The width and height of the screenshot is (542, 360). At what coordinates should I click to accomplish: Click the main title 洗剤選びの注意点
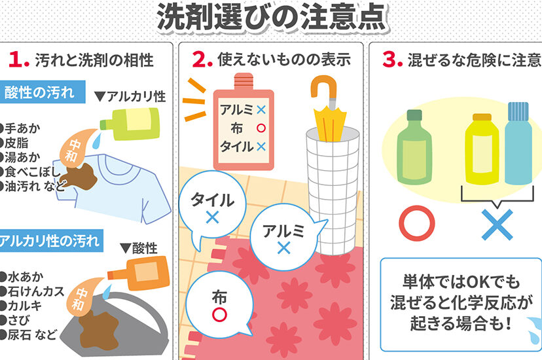272,16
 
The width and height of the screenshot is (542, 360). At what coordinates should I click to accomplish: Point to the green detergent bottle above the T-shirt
130,124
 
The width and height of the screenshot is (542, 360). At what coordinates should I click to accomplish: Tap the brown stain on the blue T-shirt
79,176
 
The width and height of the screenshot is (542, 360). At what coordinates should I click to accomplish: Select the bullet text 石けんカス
36,291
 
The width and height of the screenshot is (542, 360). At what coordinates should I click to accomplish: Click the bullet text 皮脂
16,143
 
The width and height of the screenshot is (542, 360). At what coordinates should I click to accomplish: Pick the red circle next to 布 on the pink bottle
261,128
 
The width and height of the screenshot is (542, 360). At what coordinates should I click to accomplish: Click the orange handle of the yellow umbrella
323,86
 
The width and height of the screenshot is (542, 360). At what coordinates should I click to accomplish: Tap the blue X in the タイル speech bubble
212,217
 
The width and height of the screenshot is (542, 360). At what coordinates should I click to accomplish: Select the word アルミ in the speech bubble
283,230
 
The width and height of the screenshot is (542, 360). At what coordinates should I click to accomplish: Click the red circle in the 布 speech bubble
219,315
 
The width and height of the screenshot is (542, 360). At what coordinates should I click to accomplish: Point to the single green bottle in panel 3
414,147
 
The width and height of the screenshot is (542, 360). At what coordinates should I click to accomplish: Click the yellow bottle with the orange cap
482,149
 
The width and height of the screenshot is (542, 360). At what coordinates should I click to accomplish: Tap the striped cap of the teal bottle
518,111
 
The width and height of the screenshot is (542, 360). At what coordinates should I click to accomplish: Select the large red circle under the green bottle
416,223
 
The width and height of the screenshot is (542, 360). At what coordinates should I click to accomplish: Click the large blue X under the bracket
497,225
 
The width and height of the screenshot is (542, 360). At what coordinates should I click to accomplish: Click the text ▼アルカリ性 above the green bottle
130,96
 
